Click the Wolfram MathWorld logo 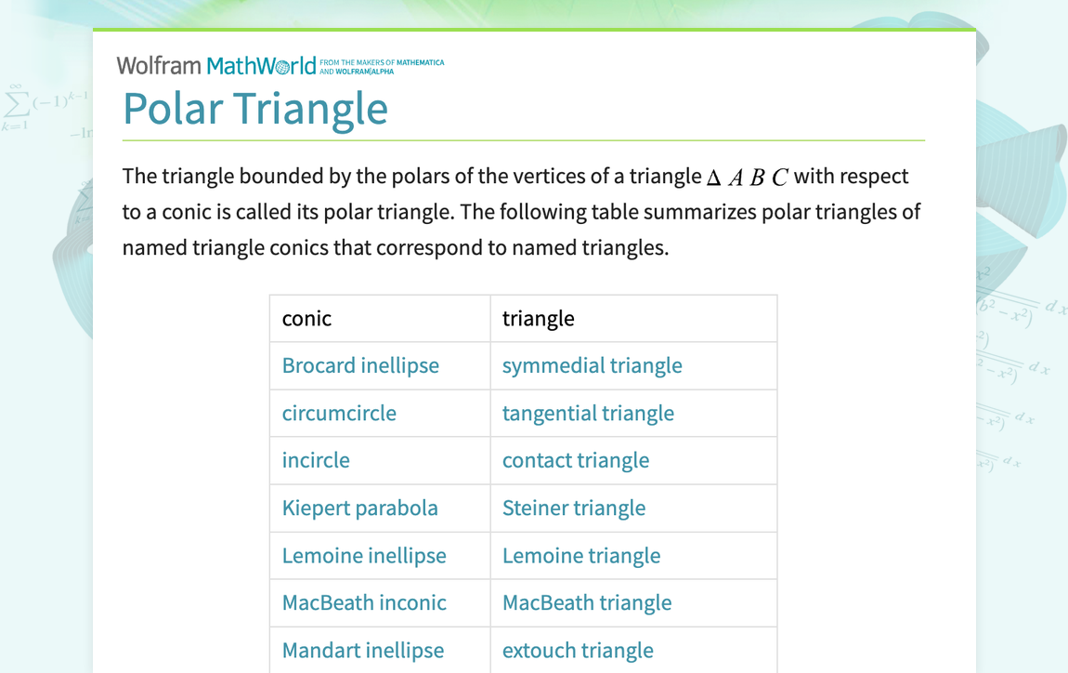(x=216, y=66)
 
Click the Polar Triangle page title (x=255, y=109)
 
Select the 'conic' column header (x=306, y=319)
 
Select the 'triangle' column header (x=538, y=319)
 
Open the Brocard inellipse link (x=360, y=366)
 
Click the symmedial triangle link (x=592, y=366)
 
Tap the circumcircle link (x=339, y=414)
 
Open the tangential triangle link (x=588, y=414)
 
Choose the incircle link (x=316, y=461)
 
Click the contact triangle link (x=576, y=461)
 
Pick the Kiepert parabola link (x=359, y=508)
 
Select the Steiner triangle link (x=574, y=508)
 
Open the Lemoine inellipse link (x=364, y=556)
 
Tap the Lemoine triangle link (x=581, y=556)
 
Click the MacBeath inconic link (x=364, y=603)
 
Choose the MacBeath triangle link (x=587, y=603)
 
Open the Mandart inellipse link (x=363, y=651)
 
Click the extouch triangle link (x=578, y=651)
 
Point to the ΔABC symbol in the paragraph (x=748, y=178)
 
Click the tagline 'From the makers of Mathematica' (x=382, y=63)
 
